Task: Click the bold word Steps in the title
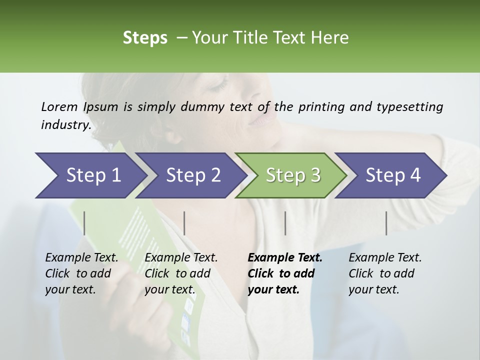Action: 145,38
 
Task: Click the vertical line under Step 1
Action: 84,223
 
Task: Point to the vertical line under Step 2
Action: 184,223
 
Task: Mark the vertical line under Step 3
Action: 285,223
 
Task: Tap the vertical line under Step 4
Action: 386,223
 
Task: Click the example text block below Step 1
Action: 81,273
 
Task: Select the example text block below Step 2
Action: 181,273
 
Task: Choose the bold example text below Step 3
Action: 285,273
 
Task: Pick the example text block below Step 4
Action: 385,273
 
